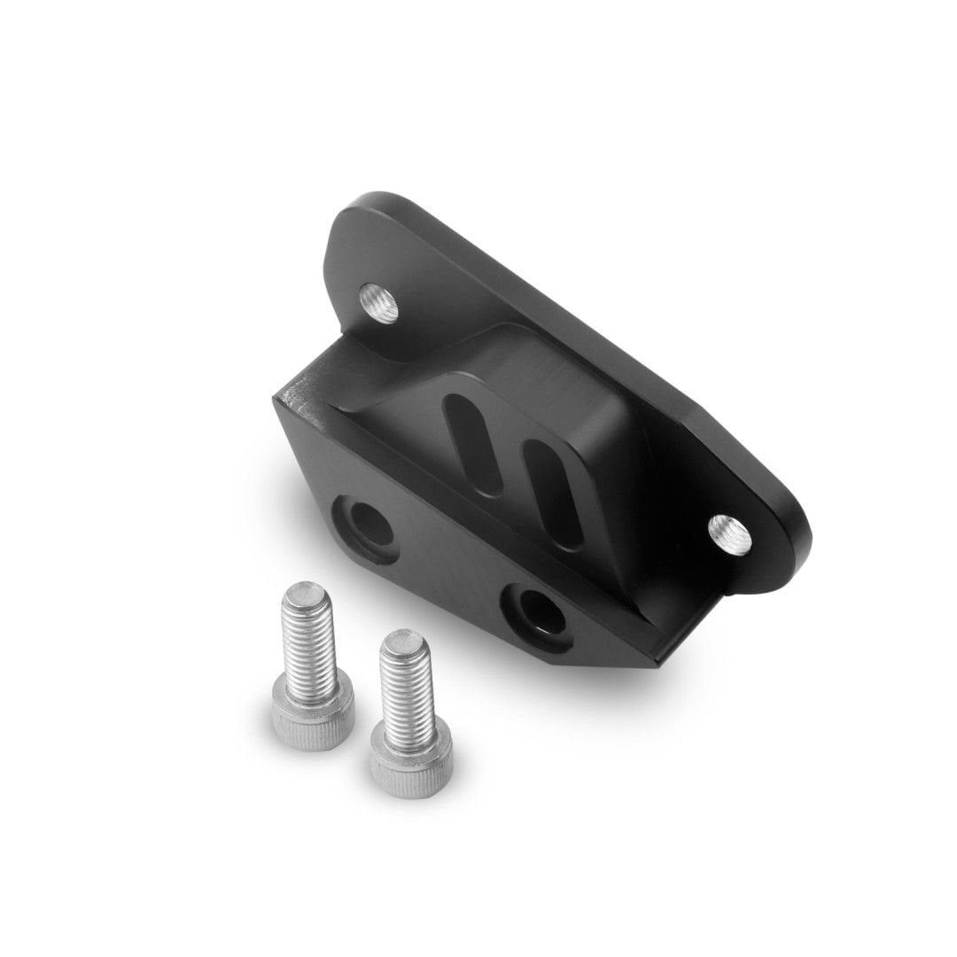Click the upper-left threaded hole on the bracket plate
click(x=379, y=303)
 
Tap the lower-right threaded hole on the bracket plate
click(x=730, y=535)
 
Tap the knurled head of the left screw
click(x=313, y=720)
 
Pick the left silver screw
click(x=311, y=665)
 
